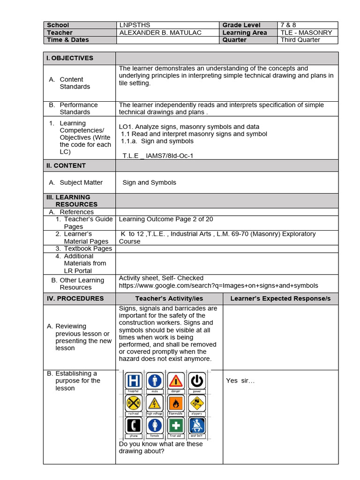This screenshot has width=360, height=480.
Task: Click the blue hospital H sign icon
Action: [x=135, y=380]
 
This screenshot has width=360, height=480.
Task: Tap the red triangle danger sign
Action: [x=176, y=380]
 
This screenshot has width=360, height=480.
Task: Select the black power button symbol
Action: [x=197, y=380]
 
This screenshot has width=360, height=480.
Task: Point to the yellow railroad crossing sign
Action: [x=135, y=403]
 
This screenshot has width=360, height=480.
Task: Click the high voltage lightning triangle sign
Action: [x=155, y=403]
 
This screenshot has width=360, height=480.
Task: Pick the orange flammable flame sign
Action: [x=176, y=403]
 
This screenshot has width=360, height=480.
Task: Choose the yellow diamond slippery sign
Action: [x=197, y=403]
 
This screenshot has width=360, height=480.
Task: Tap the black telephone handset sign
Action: [x=135, y=425]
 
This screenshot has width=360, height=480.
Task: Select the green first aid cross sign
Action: [x=176, y=425]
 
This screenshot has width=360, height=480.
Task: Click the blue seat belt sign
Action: [x=197, y=425]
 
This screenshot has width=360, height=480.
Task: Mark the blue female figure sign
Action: [x=155, y=425]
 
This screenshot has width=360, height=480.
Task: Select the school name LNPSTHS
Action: [x=135, y=25]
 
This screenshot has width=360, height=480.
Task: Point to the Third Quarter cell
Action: [x=300, y=40]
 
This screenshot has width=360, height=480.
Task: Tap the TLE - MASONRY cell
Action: [x=306, y=33]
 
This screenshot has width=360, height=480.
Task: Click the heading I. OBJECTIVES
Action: [x=69, y=58]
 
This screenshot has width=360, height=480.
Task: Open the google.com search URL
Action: [x=218, y=285]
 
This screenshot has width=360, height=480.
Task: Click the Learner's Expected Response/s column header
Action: [x=280, y=299]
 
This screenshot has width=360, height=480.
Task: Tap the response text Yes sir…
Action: [x=240, y=381]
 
